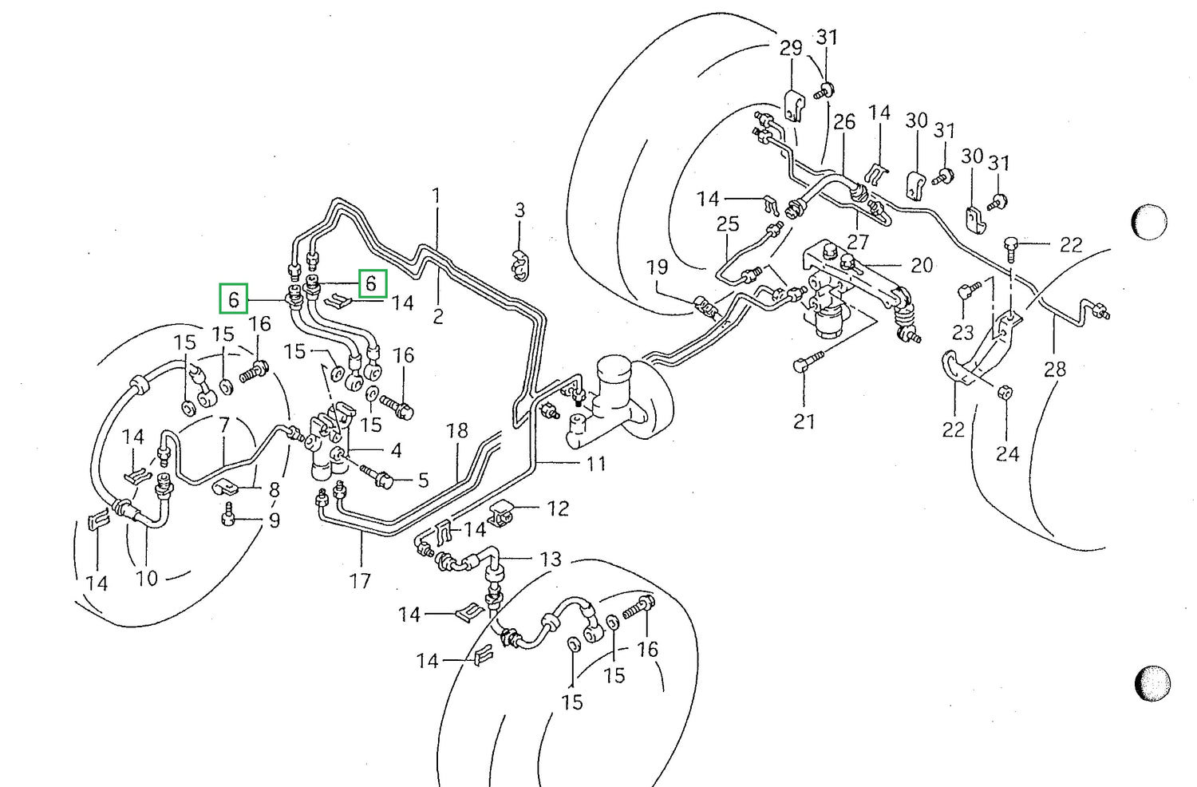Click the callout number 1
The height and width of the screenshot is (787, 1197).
tap(436, 196)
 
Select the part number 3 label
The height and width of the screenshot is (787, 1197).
tap(519, 210)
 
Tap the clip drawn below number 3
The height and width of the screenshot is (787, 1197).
tap(520, 264)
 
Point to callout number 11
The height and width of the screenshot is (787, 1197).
tap(596, 463)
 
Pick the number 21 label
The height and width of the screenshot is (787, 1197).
tap(804, 421)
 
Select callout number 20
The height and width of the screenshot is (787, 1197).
tap(921, 265)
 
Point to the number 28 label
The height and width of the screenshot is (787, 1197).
tap(1054, 369)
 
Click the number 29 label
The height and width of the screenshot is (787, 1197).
tap(790, 48)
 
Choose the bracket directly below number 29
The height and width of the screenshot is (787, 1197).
tap(793, 105)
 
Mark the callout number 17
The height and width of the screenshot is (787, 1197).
tap(360, 580)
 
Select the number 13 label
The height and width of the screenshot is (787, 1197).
tap(551, 559)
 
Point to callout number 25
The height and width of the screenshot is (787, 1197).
tap(727, 224)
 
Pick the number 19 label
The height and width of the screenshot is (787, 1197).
tap(657, 267)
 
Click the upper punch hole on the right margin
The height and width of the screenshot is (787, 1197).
tap(1149, 221)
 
